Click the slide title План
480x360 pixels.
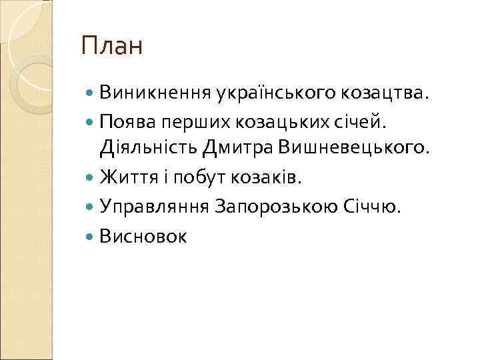click(x=111, y=47)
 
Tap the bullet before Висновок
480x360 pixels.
click(x=91, y=235)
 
